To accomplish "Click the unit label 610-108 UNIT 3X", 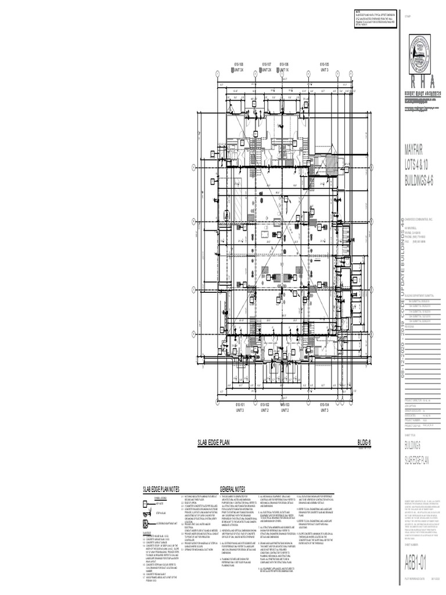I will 238,67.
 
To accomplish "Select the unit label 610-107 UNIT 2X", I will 267,67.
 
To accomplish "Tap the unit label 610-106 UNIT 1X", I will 285,67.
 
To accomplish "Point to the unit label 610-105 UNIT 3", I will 324,67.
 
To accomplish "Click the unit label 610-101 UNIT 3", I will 239,407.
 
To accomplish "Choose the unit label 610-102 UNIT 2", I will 265,407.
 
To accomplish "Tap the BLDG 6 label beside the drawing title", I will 364,443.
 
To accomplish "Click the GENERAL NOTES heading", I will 232,489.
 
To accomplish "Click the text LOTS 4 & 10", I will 418,164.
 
